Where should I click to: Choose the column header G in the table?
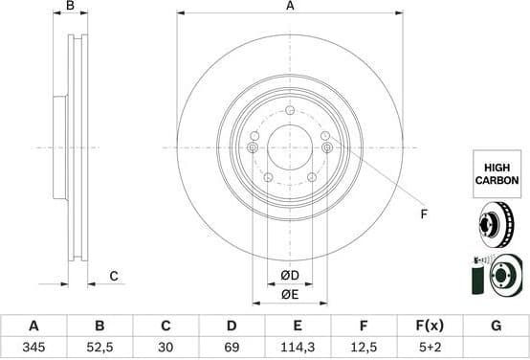[496, 326]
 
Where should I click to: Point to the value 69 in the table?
[231, 348]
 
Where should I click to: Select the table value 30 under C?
[165, 348]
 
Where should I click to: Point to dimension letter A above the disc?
[290, 7]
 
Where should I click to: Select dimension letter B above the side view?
[69, 7]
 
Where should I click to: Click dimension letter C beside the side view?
[113, 277]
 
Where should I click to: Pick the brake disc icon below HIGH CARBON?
[497, 228]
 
